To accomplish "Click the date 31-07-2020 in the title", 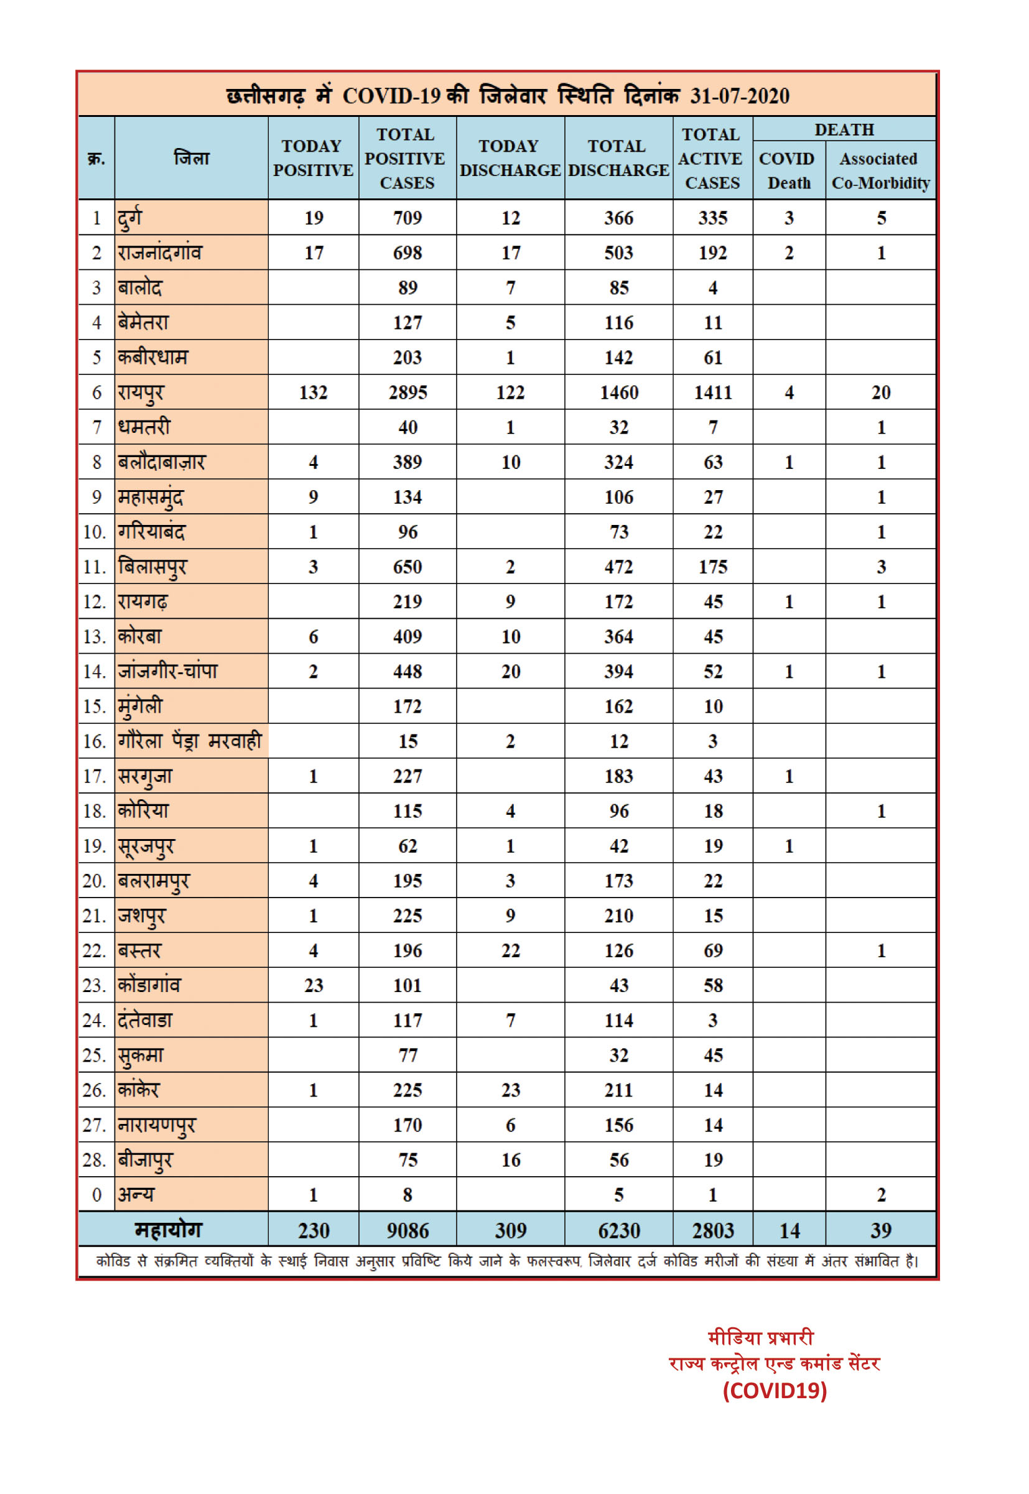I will pos(740,96).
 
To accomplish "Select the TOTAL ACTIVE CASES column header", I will pos(712,159).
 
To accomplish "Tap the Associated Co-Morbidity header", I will pos(880,171).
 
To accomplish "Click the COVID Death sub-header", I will pos(788,171).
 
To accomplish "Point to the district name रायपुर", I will pos(141,392).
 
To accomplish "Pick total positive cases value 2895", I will pos(407,392).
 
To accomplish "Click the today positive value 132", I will pos(314,392).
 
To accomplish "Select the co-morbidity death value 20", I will pos(881,392).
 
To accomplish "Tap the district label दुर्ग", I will pos(129,218).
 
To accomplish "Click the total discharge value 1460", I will pos(619,392).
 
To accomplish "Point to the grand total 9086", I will pos(407,1230).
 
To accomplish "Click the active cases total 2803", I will pos(712,1230).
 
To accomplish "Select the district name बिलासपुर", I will pos(152,567).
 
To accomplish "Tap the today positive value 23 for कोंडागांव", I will pos(314,985).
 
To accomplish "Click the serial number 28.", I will pos(94,1160).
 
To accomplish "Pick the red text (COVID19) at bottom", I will pos(775,1390).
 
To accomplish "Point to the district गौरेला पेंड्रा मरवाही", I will pos(190,741).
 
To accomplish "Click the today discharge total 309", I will pos(511,1230).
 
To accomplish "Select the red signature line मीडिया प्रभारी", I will pos(761,1337).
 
